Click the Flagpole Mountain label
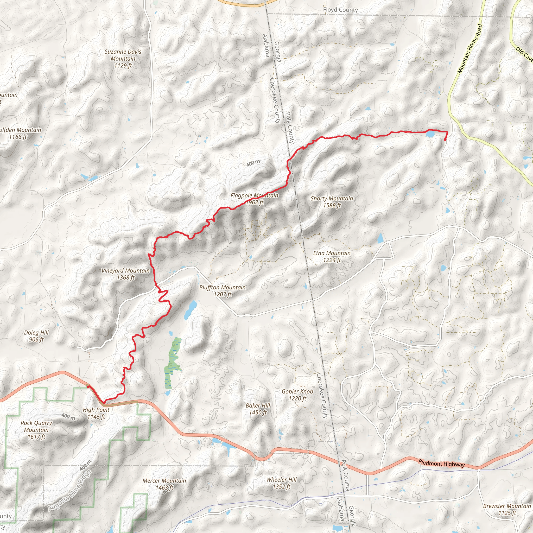[x=254, y=199]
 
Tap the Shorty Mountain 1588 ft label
[x=332, y=202]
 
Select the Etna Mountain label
[x=332, y=256]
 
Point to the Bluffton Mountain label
[x=222, y=291]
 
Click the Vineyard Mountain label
[x=125, y=274]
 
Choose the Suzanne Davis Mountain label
[x=123, y=59]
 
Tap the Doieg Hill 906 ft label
[x=36, y=336]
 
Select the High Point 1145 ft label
[x=96, y=413]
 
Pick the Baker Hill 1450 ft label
[x=258, y=409]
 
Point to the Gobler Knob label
[x=297, y=395]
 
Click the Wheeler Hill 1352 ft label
[x=281, y=483]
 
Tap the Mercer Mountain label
[x=164, y=484]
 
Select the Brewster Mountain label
[x=507, y=509]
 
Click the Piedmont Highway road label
[x=441, y=464]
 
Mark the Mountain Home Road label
[x=469, y=49]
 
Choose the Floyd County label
[x=340, y=10]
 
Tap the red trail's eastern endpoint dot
[x=445, y=139]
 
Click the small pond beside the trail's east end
[x=430, y=134]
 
